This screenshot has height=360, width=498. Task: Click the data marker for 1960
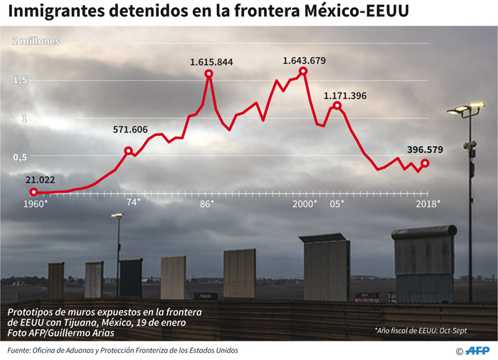[33, 192]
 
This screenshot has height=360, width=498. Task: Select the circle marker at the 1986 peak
[209, 73]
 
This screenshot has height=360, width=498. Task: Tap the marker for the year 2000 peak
[303, 71]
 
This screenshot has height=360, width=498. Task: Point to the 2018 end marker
[425, 163]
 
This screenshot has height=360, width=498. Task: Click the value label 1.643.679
[304, 60]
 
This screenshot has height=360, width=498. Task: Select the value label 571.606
[130, 129]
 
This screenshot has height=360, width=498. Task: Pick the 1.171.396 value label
[345, 95]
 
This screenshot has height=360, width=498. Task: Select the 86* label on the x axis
[207, 203]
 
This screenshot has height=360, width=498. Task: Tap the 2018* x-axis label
[428, 203]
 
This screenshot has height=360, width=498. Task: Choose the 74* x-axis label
[133, 202]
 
